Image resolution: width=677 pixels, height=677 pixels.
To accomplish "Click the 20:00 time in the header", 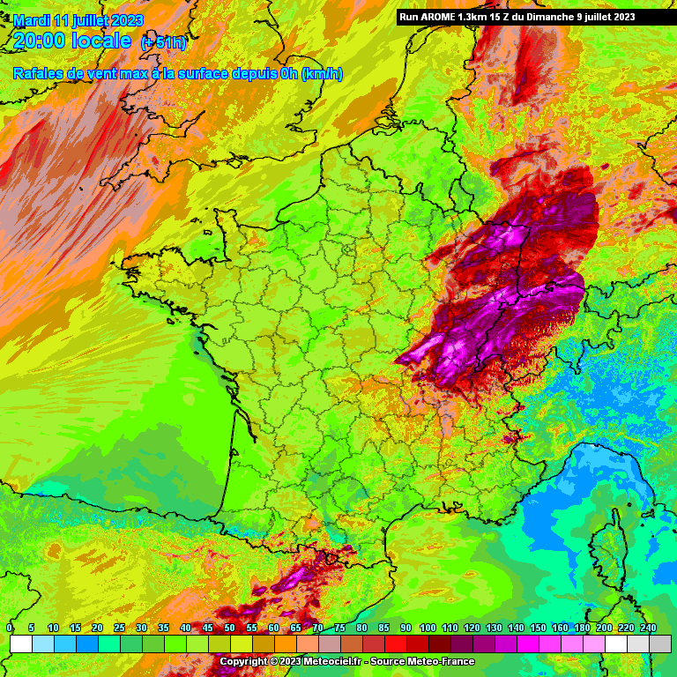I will pyautogui.click(x=41, y=41).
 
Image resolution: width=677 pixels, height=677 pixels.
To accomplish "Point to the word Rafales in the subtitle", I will pyautogui.click(x=39, y=73).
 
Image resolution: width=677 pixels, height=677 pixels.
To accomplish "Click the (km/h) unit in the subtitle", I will pyautogui.click(x=322, y=73).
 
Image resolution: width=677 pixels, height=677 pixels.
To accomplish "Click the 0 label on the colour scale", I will pyautogui.click(x=10, y=627).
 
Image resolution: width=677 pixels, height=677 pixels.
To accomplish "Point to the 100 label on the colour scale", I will pyautogui.click(x=428, y=627).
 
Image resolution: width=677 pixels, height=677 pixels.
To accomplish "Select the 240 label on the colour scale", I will pyautogui.click(x=648, y=627).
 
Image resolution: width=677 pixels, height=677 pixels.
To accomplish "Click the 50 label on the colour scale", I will pyautogui.click(x=229, y=627).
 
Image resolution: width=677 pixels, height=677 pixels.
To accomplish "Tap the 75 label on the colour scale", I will pyautogui.click(x=339, y=627).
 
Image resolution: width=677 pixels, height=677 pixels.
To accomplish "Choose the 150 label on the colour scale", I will pyautogui.click(x=538, y=627).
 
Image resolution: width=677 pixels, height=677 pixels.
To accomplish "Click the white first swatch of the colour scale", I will pyautogui.click(x=20, y=644).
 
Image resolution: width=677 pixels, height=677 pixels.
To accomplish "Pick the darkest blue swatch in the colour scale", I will pyautogui.click(x=86, y=644).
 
